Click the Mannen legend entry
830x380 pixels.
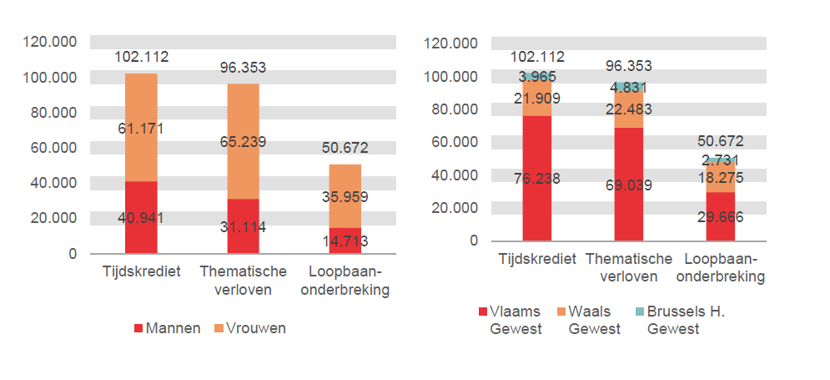coord(168,328)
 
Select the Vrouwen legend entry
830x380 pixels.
coord(250,328)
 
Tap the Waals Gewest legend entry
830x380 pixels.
coord(588,320)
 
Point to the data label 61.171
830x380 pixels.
coord(141,129)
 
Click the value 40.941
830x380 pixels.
coord(141,219)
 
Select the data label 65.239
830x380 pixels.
coord(243,142)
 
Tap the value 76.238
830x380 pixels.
coord(537,178)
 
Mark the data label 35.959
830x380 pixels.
coord(345,198)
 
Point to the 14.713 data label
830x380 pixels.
coord(345,242)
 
